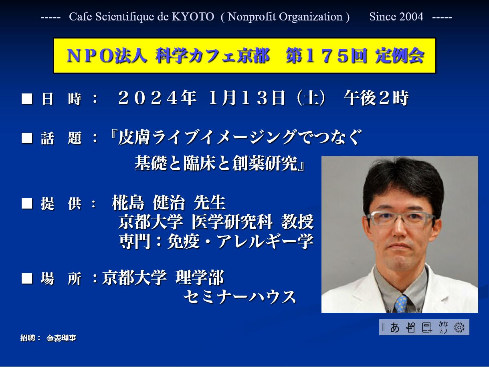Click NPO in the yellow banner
(x=90, y=56)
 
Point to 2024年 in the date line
(x=157, y=98)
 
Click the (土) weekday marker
(x=311, y=98)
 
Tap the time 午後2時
(x=376, y=98)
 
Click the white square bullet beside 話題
(x=27, y=138)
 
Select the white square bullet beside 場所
(x=27, y=278)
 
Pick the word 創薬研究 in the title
(x=265, y=163)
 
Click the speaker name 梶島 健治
(x=148, y=203)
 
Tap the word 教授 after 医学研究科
(x=297, y=222)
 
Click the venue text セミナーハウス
(x=239, y=297)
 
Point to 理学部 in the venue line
(x=200, y=278)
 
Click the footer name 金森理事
(x=61, y=338)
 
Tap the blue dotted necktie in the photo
(x=401, y=304)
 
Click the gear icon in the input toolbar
(x=459, y=328)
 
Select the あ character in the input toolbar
(x=395, y=328)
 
